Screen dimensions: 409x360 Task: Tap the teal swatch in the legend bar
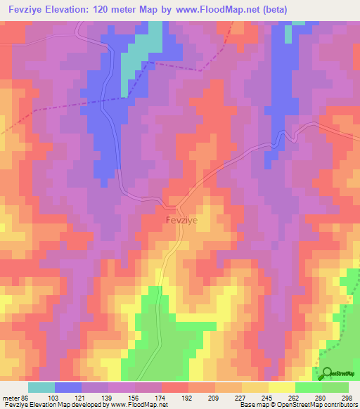[41, 388]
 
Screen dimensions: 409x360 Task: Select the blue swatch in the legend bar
[68, 388]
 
